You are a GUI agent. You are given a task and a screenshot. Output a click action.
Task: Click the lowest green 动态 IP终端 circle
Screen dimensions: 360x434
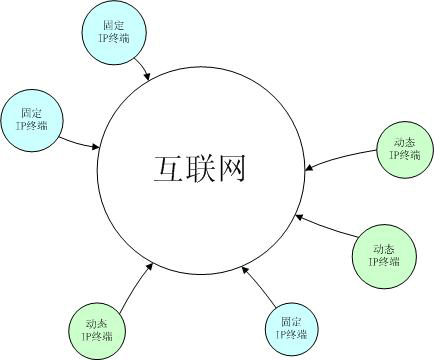(98, 330)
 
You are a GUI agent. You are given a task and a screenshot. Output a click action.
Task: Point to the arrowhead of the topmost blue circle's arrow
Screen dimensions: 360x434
(151, 76)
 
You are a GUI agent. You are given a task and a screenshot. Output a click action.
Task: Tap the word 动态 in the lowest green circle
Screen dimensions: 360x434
(98, 323)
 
